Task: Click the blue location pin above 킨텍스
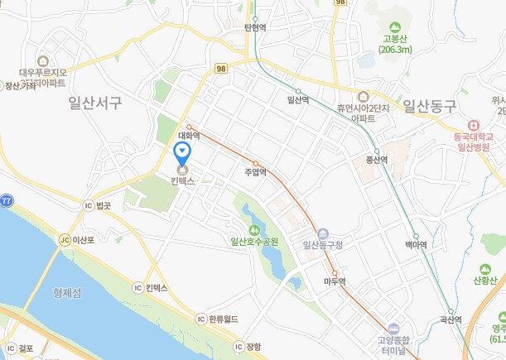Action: click(182, 152)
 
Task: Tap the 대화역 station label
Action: click(190, 136)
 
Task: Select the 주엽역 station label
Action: click(255, 172)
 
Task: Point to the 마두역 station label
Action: click(335, 281)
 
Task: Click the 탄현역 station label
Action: click(256, 26)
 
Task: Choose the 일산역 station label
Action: click(298, 100)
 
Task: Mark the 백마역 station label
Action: click(416, 245)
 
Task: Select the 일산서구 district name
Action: click(96, 103)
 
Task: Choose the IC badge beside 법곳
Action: click(88, 204)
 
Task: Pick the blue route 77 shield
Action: click(6, 201)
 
